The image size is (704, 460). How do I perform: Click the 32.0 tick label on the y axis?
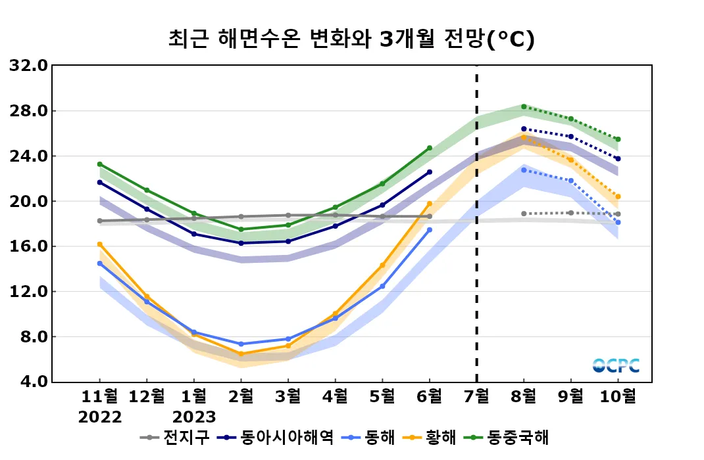point(28,66)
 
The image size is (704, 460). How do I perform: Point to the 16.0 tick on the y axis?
point(28,246)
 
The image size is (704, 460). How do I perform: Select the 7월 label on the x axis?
point(476,396)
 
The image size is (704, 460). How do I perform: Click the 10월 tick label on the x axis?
point(618,396)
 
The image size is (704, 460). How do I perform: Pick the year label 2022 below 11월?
point(100,417)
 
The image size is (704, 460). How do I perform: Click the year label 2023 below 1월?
point(193,417)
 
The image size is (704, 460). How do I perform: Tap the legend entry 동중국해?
point(516,437)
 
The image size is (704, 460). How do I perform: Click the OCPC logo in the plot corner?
point(615,365)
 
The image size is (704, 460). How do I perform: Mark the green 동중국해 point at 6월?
point(430,148)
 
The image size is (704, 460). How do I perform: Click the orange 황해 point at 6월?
point(430,204)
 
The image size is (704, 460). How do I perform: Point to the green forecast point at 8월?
point(524,106)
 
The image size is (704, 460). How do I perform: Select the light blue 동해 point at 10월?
point(618,222)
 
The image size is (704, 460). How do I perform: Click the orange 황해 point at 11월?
point(100,244)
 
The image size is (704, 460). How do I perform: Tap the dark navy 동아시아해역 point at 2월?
point(241,243)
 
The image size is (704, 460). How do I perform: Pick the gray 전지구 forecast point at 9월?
point(570,213)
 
